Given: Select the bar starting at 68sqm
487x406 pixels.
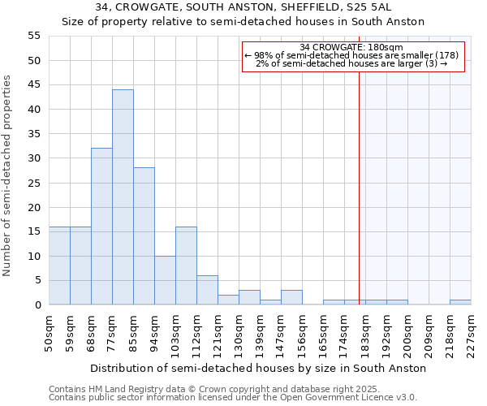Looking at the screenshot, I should click(x=101, y=227).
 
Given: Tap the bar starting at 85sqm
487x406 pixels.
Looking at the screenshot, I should click(x=144, y=236).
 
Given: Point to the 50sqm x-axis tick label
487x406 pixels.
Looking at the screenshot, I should click(x=50, y=332).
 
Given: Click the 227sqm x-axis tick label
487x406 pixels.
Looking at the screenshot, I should click(x=472, y=332).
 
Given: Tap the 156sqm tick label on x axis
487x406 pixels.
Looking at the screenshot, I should click(x=303, y=332).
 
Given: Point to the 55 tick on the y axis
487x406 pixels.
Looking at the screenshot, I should click(x=34, y=36).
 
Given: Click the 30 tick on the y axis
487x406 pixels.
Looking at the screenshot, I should click(x=34, y=158).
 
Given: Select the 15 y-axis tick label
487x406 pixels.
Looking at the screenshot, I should click(x=34, y=231).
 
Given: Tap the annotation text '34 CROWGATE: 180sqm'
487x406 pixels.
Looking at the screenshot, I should click(x=351, y=47).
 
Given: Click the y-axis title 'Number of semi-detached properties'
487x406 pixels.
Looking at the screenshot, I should click(x=8, y=175).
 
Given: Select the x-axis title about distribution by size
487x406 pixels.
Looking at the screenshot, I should click(x=258, y=368).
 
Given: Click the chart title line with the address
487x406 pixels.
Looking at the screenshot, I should click(x=243, y=6).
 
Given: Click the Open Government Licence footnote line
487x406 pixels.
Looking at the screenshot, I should click(x=233, y=398).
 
